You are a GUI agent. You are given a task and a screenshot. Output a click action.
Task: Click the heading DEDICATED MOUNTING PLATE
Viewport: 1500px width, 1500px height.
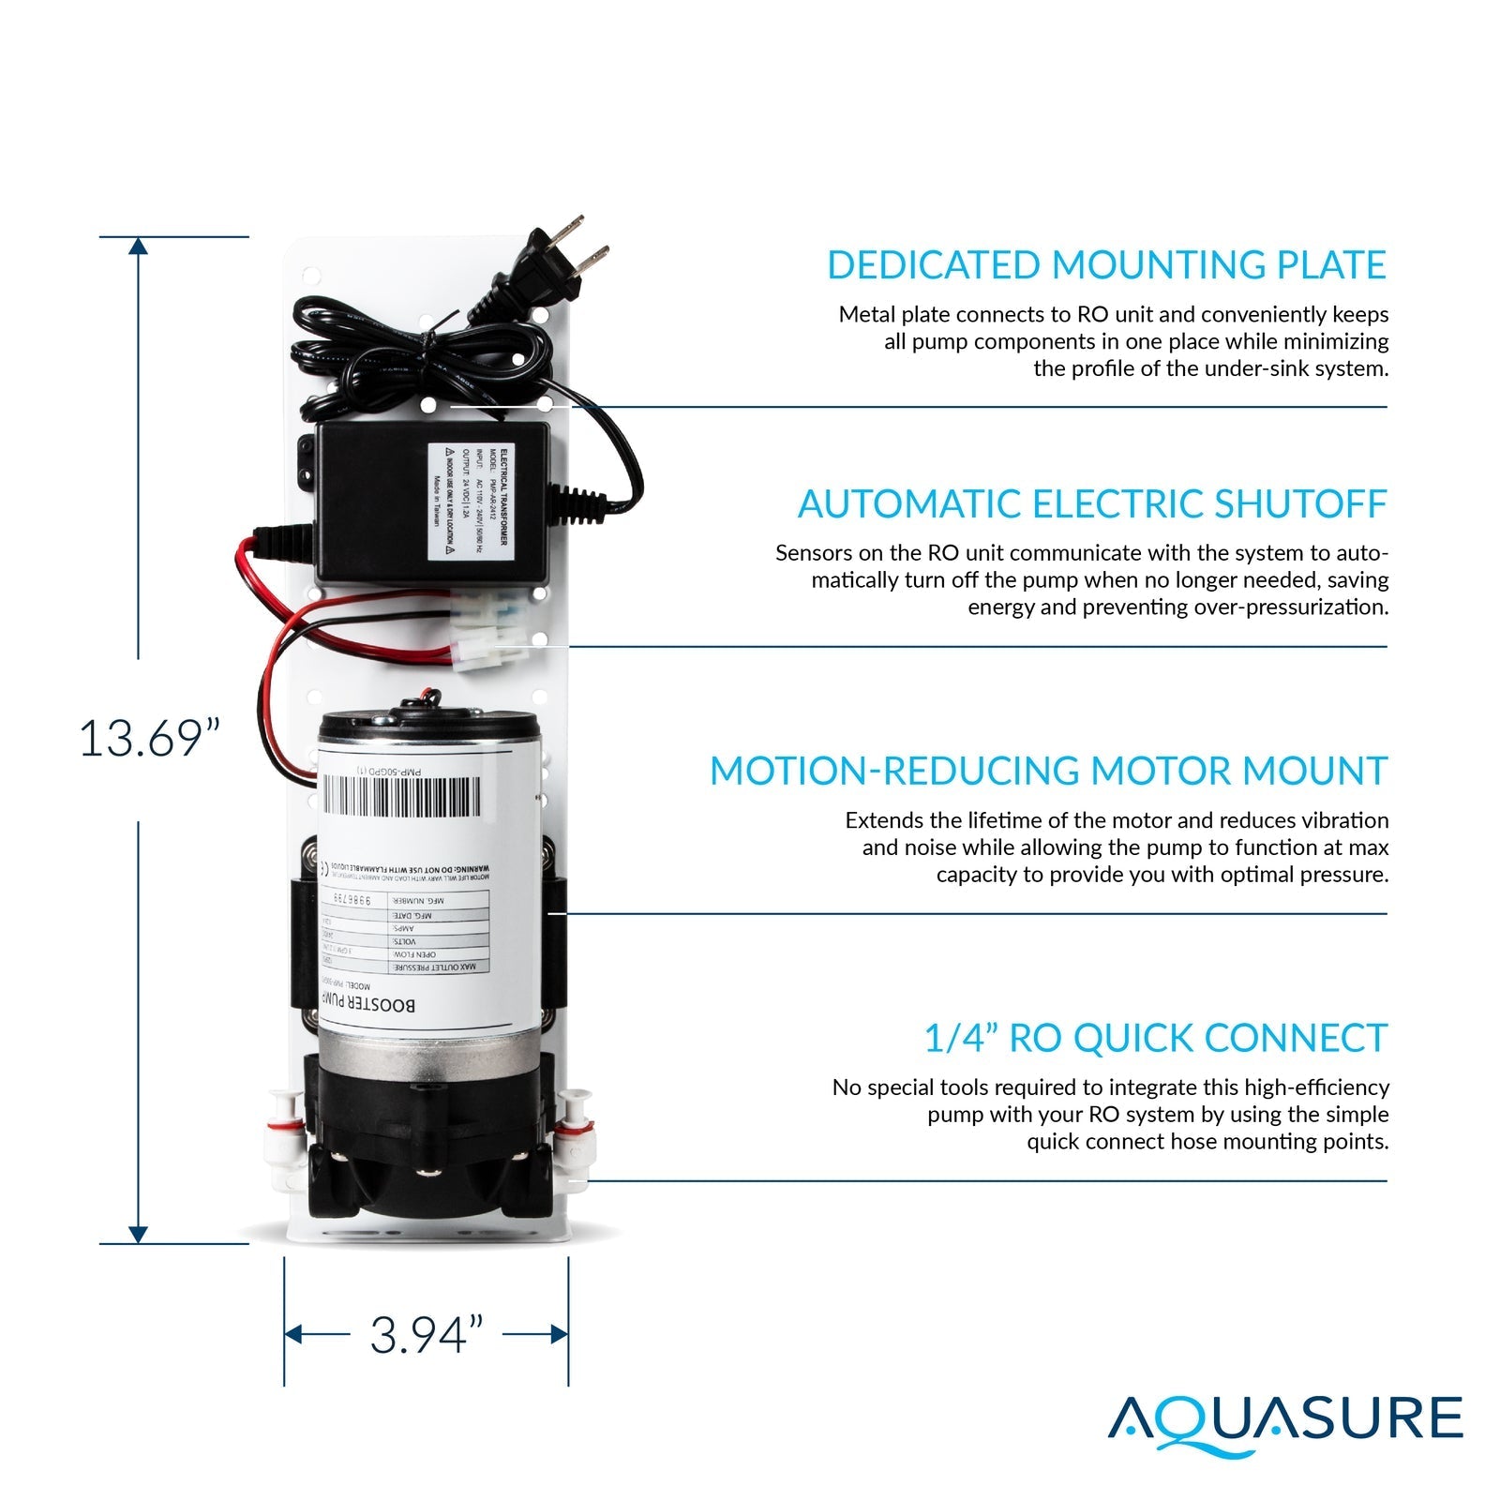(x=1105, y=265)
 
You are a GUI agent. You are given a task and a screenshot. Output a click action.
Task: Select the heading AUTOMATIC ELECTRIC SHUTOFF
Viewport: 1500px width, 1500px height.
(x=1091, y=504)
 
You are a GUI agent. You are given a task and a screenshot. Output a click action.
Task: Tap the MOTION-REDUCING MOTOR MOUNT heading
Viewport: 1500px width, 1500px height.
(x=1047, y=772)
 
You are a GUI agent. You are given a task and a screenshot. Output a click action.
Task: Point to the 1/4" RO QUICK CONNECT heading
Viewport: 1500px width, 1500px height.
(x=1154, y=1039)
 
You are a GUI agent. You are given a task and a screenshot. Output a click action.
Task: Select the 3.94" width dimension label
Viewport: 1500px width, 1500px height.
(x=427, y=1335)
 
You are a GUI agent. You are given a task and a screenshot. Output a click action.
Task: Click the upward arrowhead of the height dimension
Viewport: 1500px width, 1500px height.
(x=138, y=247)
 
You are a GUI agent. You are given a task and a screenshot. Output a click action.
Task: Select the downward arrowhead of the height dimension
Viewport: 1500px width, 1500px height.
(x=138, y=1234)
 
